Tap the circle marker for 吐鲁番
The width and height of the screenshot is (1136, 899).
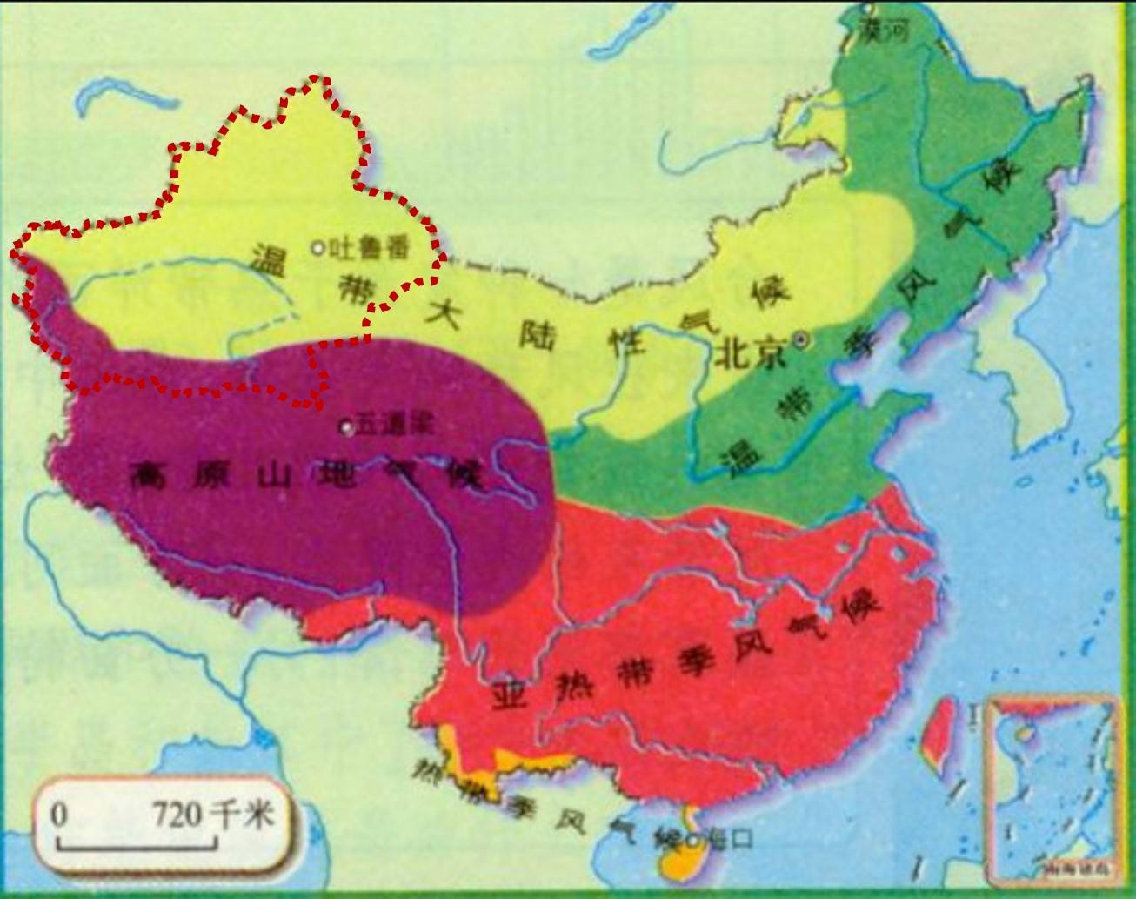click(x=317, y=248)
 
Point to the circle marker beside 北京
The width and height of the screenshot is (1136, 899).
click(x=801, y=341)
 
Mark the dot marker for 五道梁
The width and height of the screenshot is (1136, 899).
click(x=347, y=426)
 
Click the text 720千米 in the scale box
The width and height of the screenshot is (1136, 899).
click(x=214, y=815)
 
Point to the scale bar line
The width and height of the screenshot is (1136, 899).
click(x=137, y=844)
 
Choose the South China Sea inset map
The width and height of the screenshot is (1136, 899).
click(x=1050, y=788)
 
